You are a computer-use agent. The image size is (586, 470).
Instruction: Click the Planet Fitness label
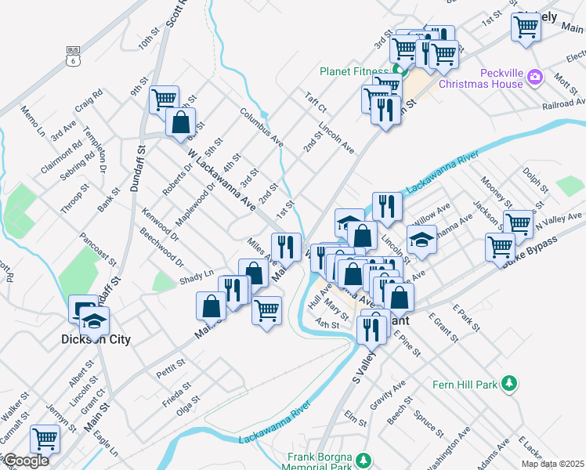354,72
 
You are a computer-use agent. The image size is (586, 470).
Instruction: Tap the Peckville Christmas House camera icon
535,77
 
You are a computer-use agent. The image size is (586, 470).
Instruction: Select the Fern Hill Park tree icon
510,383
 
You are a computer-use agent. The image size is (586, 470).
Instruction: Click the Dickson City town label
96,340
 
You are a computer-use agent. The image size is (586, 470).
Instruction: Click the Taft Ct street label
317,102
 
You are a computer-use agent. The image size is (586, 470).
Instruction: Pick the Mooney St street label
497,193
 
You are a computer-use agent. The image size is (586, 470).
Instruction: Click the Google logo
26,461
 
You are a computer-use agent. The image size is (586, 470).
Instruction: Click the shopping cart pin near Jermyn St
45,439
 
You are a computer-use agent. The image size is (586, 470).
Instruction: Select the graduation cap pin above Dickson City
94,320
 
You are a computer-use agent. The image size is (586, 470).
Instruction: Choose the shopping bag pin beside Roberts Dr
180,123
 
